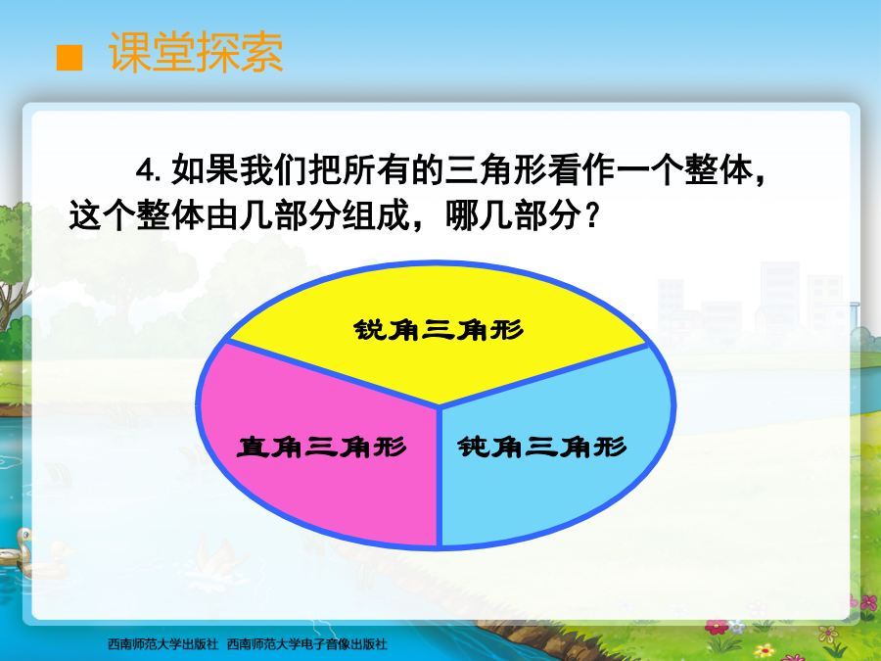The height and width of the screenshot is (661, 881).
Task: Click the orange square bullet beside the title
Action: (70, 58)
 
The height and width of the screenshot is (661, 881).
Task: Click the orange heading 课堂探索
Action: (196, 52)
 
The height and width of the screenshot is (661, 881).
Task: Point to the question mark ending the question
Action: (590, 215)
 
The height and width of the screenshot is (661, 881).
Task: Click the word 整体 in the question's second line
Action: (170, 215)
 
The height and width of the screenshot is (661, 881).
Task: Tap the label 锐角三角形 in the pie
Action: (439, 330)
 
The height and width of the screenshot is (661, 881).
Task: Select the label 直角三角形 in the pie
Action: (321, 448)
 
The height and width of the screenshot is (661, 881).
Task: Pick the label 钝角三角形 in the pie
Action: (541, 447)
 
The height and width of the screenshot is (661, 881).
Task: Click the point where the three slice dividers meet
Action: (440, 405)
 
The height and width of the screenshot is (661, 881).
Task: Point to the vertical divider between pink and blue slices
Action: (440, 477)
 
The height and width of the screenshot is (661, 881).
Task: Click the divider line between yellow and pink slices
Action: (333, 373)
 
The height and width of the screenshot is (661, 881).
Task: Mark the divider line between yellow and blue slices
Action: (544, 375)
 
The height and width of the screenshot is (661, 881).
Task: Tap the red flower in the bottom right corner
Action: (716, 627)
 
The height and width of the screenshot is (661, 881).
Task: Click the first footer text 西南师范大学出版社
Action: (162, 644)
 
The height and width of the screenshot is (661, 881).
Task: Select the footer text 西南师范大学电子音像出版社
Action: (306, 644)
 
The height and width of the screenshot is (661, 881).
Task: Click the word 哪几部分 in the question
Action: (513, 215)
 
